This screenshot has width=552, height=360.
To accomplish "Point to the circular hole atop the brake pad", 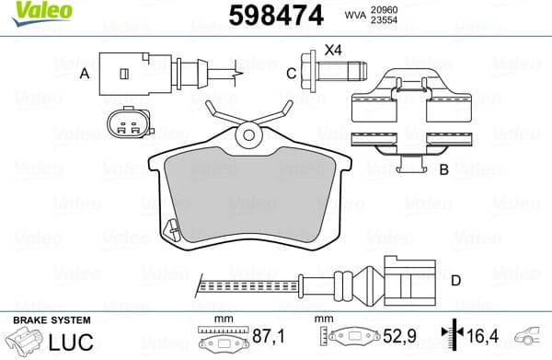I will tap(246, 136).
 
